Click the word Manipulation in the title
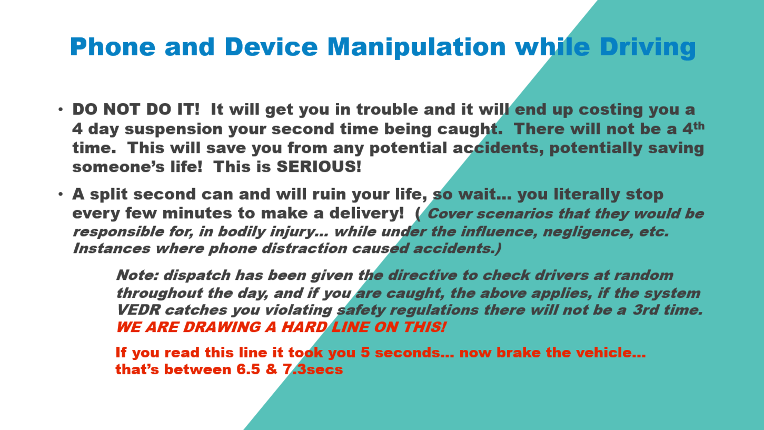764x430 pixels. pyautogui.click(x=416, y=47)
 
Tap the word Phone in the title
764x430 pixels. pyautogui.click(x=113, y=46)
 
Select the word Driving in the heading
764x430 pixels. pyautogui.click(x=647, y=47)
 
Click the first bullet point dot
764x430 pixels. pyautogui.click(x=61, y=110)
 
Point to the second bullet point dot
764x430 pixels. pyautogui.click(x=61, y=194)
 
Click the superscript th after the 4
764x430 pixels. pyautogui.click(x=699, y=126)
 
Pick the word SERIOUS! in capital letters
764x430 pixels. pyautogui.click(x=319, y=167)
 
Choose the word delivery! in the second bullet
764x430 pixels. pyautogui.click(x=366, y=213)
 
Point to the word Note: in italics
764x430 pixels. pyautogui.click(x=137, y=275)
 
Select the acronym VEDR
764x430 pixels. pyautogui.click(x=138, y=310)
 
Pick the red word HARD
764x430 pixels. pyautogui.click(x=304, y=327)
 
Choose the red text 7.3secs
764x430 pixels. pyautogui.click(x=313, y=369)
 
